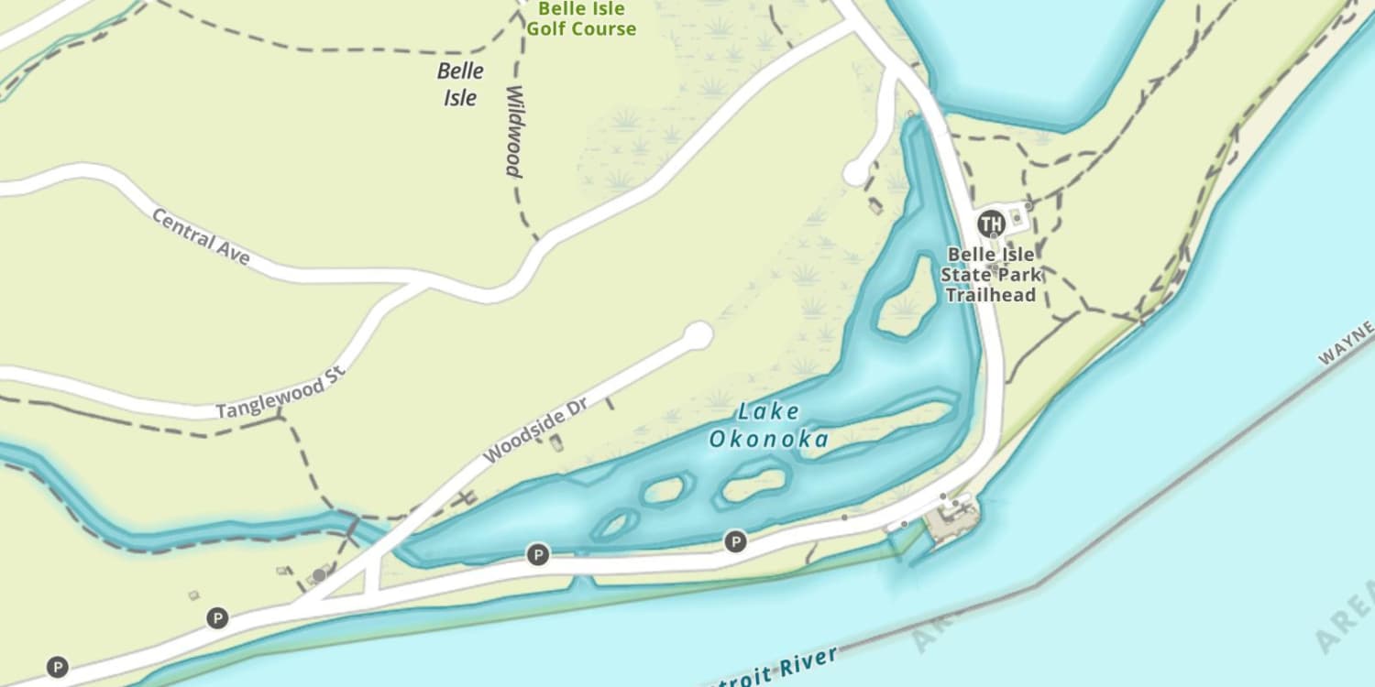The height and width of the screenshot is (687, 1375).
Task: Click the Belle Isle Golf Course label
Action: pyautogui.click(x=580, y=19)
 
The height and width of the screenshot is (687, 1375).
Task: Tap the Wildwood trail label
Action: pyautogui.click(x=513, y=131)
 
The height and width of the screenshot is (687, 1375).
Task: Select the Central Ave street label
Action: pyautogui.click(x=200, y=236)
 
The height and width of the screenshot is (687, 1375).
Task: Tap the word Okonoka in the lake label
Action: pyautogui.click(x=768, y=440)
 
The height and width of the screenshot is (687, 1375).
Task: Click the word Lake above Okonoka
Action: pyautogui.click(x=768, y=411)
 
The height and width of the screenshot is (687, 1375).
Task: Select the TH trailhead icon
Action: pyautogui.click(x=990, y=223)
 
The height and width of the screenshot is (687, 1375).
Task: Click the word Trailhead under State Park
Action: pyautogui.click(x=990, y=295)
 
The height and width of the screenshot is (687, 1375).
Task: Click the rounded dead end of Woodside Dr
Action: pyautogui.click(x=698, y=335)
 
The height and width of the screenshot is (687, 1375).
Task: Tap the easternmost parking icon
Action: pyautogui.click(x=735, y=541)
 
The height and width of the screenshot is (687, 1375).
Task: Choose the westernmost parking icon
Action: pyautogui.click(x=58, y=667)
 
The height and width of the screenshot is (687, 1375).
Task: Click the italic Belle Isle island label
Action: pyautogui.click(x=460, y=84)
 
